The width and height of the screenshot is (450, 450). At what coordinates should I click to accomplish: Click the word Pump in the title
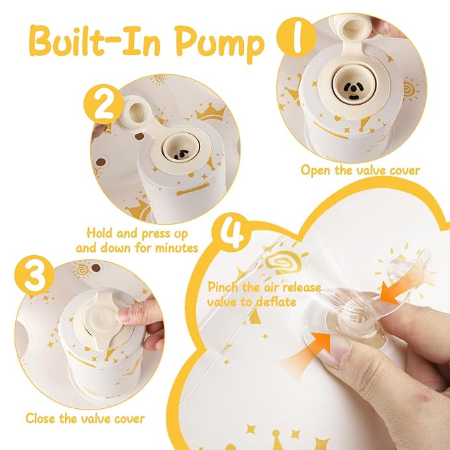click(219, 44)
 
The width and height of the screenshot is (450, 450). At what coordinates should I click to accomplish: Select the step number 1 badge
click(297, 36)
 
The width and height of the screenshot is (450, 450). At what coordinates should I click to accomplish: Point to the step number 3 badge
click(34, 275)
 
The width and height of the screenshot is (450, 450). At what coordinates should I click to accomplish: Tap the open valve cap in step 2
click(135, 111)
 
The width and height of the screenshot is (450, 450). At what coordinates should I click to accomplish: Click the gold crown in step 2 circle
click(211, 112)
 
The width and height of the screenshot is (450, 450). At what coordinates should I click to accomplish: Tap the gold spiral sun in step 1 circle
click(410, 89)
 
